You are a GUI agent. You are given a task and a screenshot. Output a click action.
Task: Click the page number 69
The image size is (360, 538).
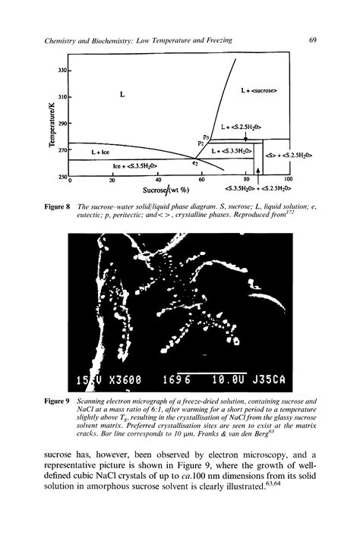pyautogui.click(x=313, y=40)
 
